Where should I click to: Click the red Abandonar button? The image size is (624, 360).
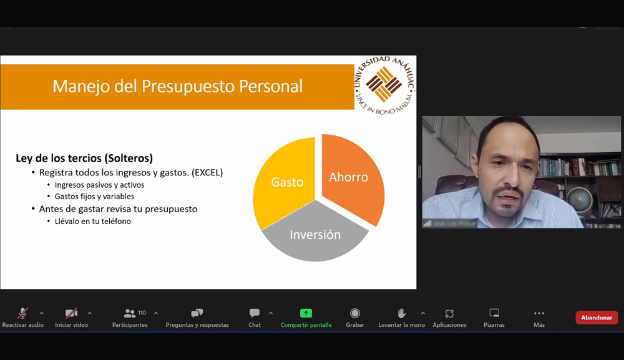597,318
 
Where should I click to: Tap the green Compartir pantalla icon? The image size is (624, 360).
306,313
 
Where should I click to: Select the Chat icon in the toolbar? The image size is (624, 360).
255,313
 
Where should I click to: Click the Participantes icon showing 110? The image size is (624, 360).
130,313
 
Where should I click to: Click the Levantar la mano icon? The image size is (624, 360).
402,313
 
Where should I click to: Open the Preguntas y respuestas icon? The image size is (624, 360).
197,313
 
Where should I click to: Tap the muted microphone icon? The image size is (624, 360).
22,313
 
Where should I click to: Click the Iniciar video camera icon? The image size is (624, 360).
71,313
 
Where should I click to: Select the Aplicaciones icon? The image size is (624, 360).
449,313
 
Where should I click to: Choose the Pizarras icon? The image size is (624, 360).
494,313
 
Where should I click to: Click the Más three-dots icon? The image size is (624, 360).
539,313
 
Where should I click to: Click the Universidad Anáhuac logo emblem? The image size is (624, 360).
384,85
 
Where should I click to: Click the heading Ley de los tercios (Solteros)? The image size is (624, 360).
84,158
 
